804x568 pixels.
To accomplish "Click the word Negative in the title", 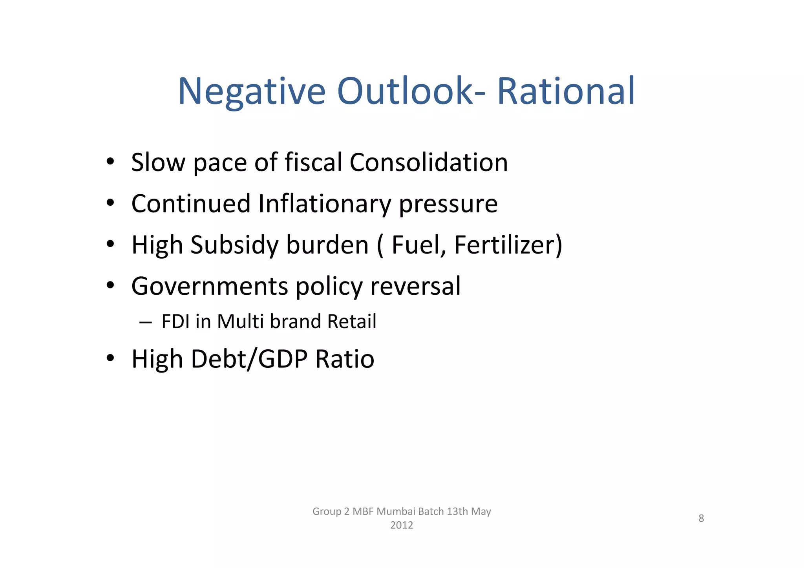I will coord(252,91).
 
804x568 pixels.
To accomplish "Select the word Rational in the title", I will coord(566,91).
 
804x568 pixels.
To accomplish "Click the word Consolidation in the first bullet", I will coord(429,162).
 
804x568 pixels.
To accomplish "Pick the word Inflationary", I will coord(325,204).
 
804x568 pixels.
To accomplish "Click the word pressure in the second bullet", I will coord(448,204).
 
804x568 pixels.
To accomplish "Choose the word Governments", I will coord(210,286).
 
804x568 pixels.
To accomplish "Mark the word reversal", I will coord(415,286).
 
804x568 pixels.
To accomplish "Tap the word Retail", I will coord(352,321).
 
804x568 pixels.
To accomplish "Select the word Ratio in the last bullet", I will coord(345,359).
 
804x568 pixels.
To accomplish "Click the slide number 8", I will coord(701,518).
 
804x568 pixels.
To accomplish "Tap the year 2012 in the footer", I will coord(402,525).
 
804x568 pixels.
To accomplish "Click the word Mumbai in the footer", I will coord(396,511).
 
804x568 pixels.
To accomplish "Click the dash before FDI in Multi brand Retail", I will coord(145,322).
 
